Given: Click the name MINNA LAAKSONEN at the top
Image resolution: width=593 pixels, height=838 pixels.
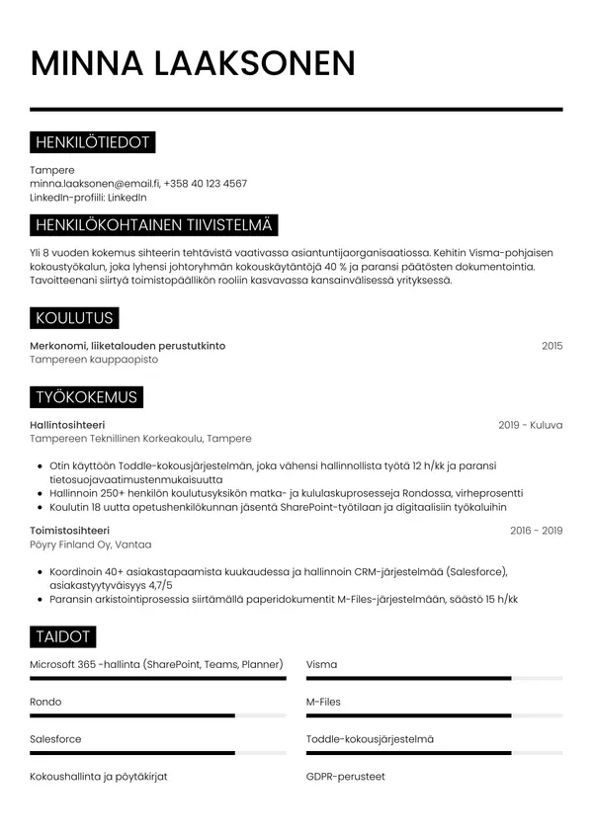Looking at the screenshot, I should pos(193,63).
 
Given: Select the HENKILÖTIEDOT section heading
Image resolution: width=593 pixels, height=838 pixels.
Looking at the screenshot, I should pos(92,143).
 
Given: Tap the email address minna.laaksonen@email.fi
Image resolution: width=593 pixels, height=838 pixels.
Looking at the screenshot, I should pos(94,184).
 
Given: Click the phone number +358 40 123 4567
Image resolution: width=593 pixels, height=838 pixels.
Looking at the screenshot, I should pos(206,184).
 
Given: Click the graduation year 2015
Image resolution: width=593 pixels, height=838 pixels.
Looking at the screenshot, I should pos(551,346).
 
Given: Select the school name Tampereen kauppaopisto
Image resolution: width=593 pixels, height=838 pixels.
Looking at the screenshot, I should pos(94,360).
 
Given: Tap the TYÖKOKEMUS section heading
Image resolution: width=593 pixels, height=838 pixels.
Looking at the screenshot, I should pos(86,397).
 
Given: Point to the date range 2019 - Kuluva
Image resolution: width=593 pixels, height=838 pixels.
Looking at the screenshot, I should pos(530,425).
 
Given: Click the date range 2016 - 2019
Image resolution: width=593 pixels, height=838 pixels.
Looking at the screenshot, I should pos(536,531).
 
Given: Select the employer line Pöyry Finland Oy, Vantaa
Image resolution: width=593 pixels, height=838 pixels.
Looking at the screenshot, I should pos(91,545).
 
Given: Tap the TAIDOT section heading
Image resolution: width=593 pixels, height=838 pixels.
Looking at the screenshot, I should pos(63,636).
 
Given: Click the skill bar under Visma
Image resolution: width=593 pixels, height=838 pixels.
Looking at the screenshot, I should pos(434,679).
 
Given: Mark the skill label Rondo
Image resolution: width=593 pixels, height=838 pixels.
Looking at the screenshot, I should pos(45,702).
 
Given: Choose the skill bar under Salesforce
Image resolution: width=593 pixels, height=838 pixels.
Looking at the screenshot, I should pos(158,753).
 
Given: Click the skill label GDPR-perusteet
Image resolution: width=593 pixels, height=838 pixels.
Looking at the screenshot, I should pos(346,777).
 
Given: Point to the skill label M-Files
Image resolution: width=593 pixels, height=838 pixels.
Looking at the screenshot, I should pos(323,702).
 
